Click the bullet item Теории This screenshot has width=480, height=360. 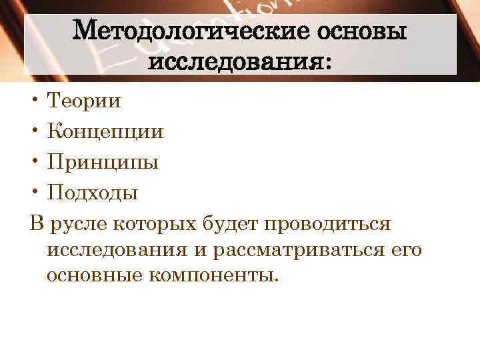(84, 101)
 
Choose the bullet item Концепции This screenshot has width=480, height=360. (105, 132)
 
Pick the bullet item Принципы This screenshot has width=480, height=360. (103, 163)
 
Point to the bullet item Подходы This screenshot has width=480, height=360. (93, 193)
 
